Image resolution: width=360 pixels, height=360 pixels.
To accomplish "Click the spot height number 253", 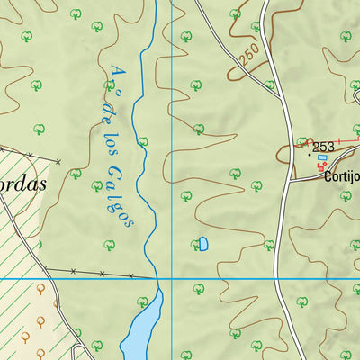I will [323, 147].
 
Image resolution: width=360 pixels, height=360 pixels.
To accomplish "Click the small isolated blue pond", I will [202, 244].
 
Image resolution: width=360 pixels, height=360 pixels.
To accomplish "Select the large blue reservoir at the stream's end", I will [141, 328].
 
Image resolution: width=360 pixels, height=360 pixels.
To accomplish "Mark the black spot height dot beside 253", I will [311, 154].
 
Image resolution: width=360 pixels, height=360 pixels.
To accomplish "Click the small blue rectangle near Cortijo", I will [322, 157].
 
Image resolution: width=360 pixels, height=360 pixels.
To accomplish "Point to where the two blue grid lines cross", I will [172, 279].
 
